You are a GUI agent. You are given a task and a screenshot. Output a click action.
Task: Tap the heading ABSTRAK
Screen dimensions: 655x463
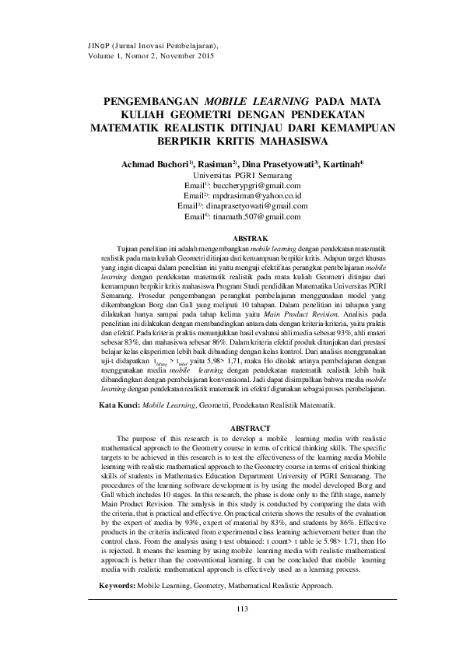coord(251,237)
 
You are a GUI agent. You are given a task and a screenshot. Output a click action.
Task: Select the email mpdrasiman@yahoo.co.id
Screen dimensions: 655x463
coord(258,197)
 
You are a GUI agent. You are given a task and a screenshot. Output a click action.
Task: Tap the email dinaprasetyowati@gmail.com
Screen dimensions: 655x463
coord(259,206)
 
